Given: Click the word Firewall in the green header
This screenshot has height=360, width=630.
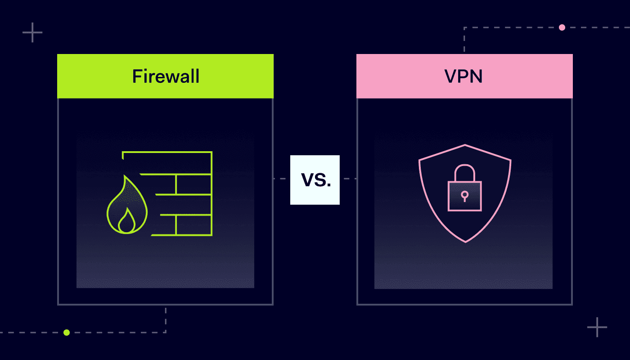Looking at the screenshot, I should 166,76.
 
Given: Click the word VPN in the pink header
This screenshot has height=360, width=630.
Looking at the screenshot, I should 463,76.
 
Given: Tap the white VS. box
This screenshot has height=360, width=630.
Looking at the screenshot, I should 315,180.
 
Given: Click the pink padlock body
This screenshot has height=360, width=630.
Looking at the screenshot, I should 464,196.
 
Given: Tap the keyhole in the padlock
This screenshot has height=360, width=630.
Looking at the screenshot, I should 464,195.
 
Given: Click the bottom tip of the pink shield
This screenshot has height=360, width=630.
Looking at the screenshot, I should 465,242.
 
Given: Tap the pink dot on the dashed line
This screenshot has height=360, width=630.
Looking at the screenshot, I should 562,27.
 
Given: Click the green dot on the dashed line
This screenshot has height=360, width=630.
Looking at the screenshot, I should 67,333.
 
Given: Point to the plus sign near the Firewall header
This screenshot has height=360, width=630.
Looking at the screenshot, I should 32,32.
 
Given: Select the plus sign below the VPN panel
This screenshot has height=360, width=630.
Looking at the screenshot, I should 597,327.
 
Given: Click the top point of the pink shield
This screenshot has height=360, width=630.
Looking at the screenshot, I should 465,145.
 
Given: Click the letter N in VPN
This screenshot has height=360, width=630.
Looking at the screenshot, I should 476,76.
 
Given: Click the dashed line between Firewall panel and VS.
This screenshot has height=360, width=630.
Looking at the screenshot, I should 282,179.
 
